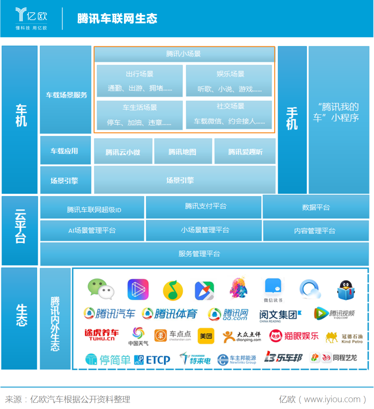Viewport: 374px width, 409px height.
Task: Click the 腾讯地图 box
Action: tap(183, 152)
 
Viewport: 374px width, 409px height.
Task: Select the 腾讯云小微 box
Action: tap(123, 152)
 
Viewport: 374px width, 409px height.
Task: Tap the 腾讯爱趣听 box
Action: tap(245, 152)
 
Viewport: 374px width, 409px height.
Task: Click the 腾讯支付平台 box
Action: tap(204, 207)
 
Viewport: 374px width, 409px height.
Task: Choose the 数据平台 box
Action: tap(316, 207)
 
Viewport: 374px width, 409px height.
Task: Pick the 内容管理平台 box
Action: tap(315, 230)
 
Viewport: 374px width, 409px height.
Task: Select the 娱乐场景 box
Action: tap(229, 81)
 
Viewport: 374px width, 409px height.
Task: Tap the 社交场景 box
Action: tap(229, 114)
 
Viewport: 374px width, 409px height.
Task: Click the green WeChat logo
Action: tap(101, 289)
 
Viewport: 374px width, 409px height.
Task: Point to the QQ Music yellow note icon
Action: tap(173, 290)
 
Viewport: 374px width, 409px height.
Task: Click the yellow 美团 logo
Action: tap(206, 336)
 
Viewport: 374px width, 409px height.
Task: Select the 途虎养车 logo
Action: tap(101, 335)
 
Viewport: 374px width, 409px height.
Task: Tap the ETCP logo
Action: tap(152, 360)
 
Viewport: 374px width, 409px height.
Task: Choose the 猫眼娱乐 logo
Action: tap(294, 336)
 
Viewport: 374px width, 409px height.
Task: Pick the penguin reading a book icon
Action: tap(346, 290)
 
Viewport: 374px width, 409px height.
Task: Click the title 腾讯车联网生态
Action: tap(117, 19)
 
